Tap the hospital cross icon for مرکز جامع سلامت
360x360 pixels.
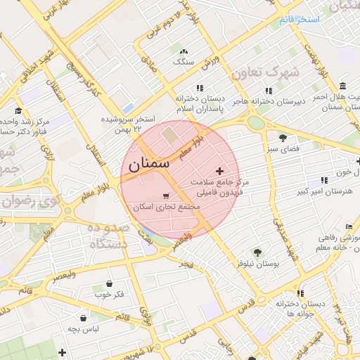(220, 171)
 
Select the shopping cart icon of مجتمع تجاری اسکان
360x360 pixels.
(165, 196)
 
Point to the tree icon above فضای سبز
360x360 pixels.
(283, 138)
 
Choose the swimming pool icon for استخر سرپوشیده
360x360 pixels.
(127, 110)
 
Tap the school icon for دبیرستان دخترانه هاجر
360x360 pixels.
(269, 90)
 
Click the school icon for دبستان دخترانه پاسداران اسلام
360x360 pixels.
(200, 89)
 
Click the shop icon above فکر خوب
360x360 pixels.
(110, 283)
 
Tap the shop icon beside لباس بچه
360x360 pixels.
(83, 318)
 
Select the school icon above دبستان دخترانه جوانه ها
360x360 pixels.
(300, 293)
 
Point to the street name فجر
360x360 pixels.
(186, 264)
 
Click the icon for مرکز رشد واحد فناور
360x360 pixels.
(19, 110)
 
